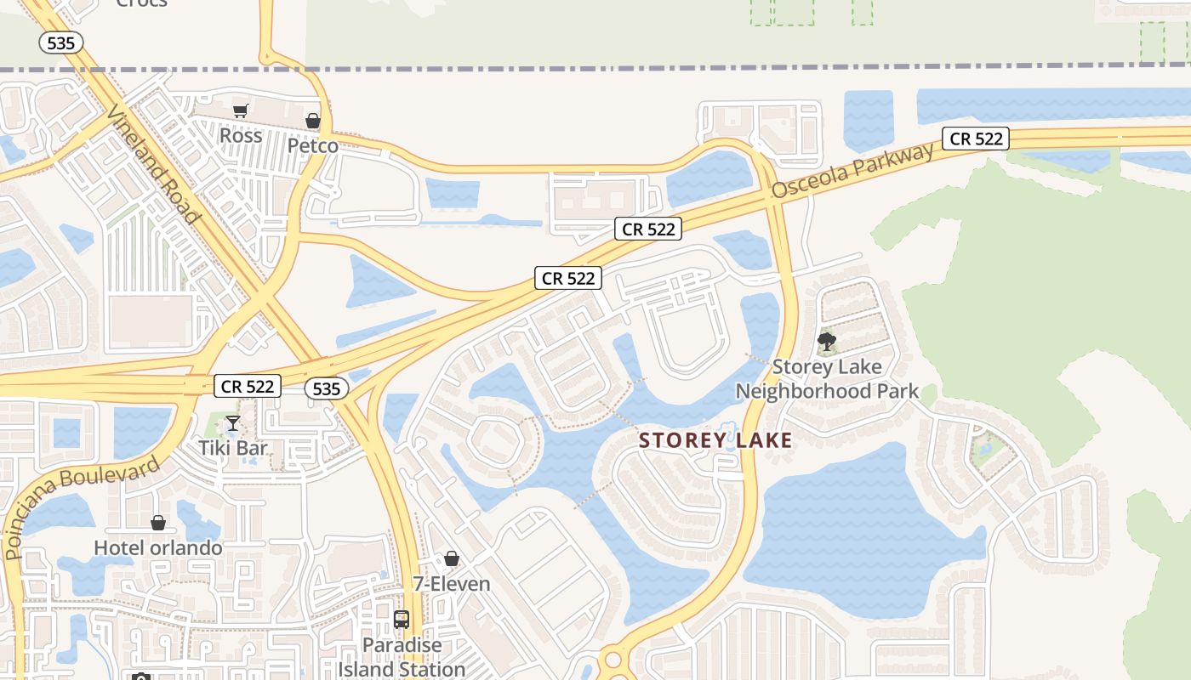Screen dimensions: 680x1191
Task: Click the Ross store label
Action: pos(241,136)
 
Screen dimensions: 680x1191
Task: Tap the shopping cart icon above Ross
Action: pos(241,110)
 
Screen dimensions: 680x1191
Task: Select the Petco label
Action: pos(312,146)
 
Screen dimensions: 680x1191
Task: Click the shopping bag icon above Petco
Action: pos(313,121)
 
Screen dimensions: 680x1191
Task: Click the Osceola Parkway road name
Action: pos(853,172)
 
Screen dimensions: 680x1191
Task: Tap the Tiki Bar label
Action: pos(233,448)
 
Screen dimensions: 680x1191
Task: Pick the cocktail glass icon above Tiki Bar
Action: pos(232,423)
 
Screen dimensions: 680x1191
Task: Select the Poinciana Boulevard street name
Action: pos(83,507)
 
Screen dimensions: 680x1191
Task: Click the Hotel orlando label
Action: pos(158,547)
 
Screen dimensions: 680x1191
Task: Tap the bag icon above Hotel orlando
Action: pos(157,522)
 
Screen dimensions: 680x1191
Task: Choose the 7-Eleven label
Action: pos(452,584)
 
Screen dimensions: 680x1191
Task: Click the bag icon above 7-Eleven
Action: pos(452,558)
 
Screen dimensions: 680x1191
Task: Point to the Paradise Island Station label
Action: pos(402,657)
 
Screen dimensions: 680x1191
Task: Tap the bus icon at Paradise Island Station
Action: pos(402,620)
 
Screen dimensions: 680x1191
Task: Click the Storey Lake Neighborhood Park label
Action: pos(827,379)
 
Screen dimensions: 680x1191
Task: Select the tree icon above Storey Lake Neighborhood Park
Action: pos(826,343)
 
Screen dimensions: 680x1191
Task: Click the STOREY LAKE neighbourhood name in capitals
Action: pos(715,440)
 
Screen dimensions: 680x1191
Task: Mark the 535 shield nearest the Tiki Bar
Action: pos(327,389)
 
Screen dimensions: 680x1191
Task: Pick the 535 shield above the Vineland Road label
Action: pos(61,43)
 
